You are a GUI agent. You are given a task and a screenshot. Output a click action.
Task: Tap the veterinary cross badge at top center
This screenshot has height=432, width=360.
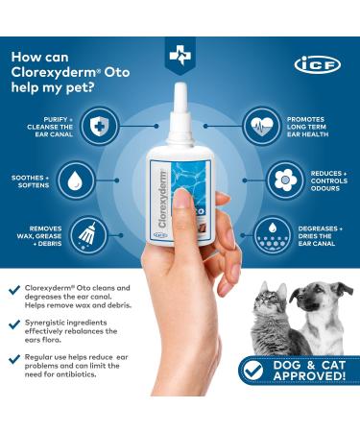180,56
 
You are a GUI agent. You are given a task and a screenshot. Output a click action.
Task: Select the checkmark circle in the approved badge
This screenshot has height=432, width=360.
252,395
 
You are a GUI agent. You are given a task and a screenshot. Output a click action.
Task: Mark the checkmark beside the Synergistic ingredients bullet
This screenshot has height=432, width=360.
13,325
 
